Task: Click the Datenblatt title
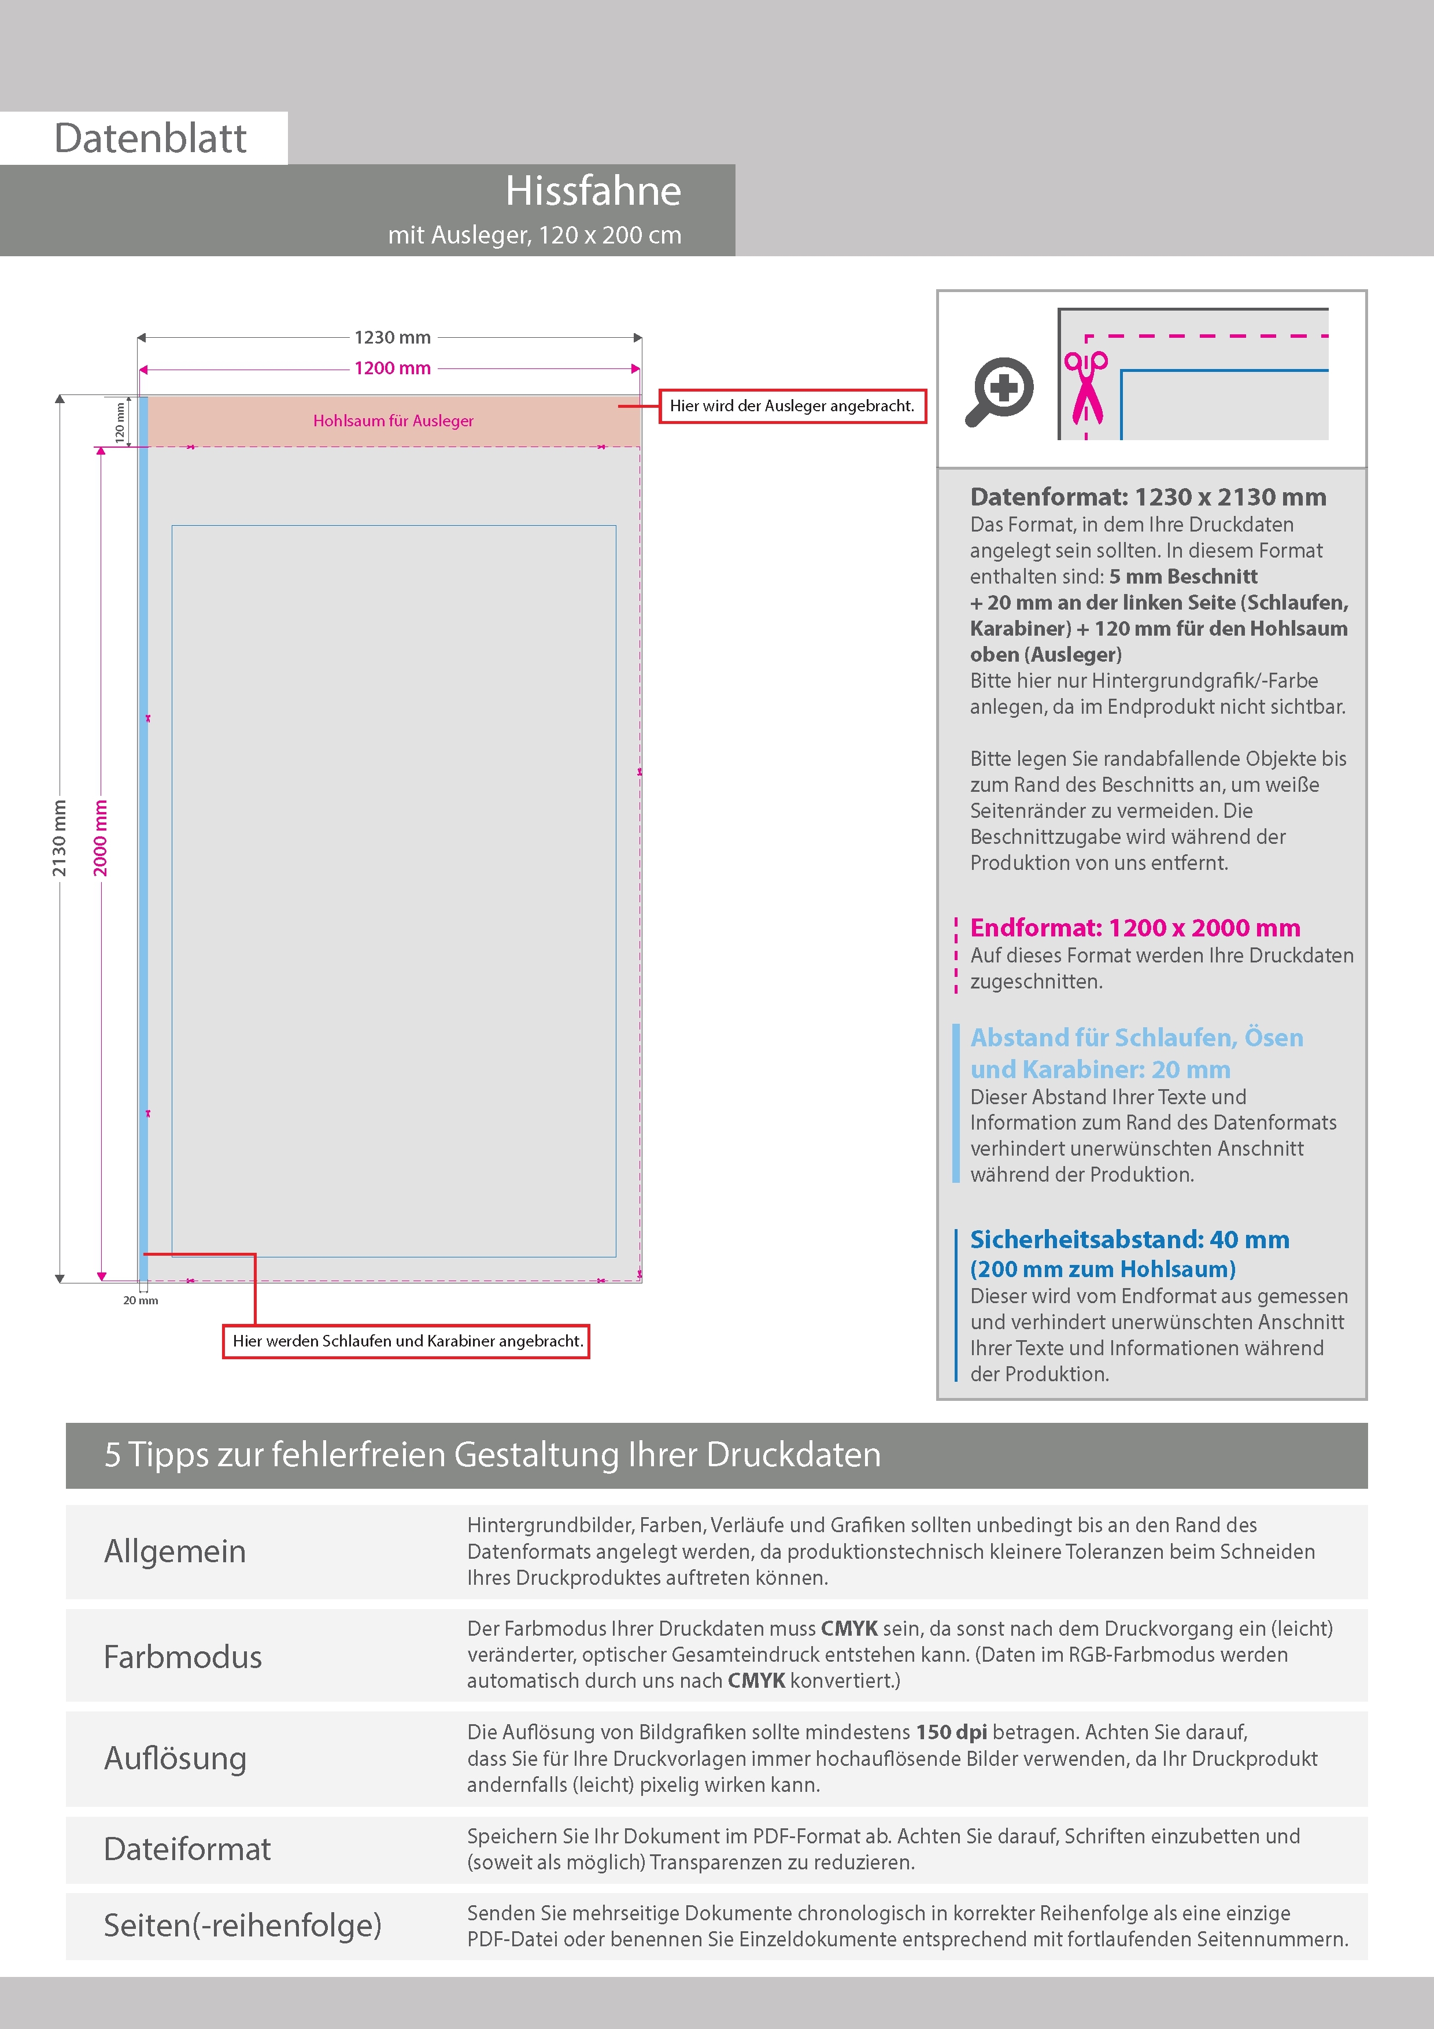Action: (x=150, y=138)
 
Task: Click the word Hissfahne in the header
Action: (x=593, y=191)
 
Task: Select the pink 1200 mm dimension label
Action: (x=392, y=368)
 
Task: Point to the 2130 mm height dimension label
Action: (x=59, y=838)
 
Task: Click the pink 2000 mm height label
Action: (x=101, y=838)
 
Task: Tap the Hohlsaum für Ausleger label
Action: (x=393, y=420)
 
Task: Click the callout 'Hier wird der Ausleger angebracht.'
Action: (x=792, y=405)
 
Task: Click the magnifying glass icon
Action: (x=999, y=390)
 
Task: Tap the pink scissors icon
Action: (x=1086, y=386)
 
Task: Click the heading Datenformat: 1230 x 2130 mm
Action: (x=1148, y=497)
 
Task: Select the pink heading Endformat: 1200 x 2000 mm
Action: (x=1134, y=928)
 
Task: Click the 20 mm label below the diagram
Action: (x=141, y=1300)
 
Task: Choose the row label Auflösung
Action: (x=175, y=1758)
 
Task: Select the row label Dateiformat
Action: (x=187, y=1849)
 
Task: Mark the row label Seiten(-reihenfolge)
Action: (x=242, y=1925)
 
